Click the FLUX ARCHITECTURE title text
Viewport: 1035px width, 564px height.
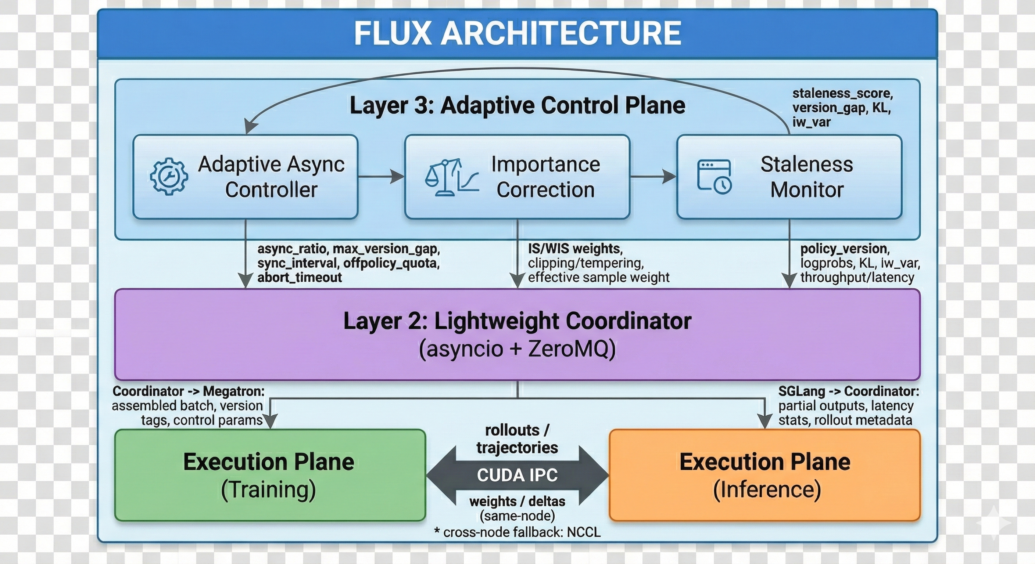tap(517, 33)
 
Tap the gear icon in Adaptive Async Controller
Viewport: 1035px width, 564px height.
tap(169, 177)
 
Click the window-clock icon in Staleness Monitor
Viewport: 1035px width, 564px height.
tap(714, 177)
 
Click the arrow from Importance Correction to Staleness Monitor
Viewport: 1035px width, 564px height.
tap(652, 176)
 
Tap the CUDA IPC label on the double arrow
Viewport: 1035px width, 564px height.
tap(517, 475)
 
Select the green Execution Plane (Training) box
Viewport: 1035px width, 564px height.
tap(270, 475)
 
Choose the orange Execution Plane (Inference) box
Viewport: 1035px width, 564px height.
tap(764, 475)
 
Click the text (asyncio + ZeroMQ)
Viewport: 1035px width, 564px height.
tap(517, 348)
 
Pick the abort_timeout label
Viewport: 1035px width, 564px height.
tap(299, 277)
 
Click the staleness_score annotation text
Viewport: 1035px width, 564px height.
tap(842, 94)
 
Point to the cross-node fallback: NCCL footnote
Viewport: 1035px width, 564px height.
tap(517, 532)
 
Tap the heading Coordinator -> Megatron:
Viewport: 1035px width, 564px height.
tap(189, 391)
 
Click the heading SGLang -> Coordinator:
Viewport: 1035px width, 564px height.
tap(848, 391)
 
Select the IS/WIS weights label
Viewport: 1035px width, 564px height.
tap(575, 249)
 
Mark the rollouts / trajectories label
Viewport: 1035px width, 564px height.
tap(517, 439)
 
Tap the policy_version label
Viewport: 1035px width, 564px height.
tap(845, 249)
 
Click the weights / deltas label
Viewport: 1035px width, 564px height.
tap(517, 501)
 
